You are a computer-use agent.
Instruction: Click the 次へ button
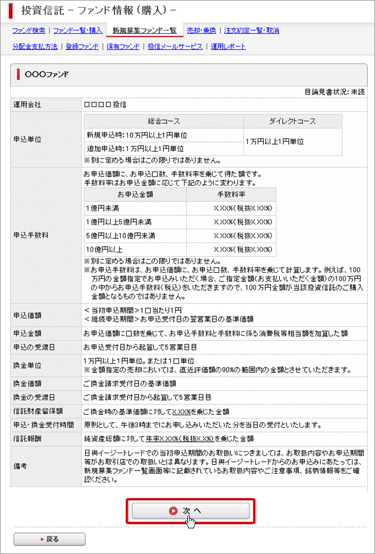click(x=190, y=511)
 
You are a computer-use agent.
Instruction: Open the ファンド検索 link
click(x=30, y=30)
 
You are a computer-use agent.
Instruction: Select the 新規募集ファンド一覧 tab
click(x=145, y=30)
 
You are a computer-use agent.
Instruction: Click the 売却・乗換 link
click(x=201, y=30)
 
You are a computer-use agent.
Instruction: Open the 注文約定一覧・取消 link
click(x=251, y=30)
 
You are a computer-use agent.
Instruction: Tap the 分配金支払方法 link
click(x=35, y=46)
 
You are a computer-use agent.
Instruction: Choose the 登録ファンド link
click(x=82, y=46)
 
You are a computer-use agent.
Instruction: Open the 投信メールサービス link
click(x=175, y=46)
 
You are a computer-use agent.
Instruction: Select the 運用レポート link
click(x=228, y=46)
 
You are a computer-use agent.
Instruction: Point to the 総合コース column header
click(x=164, y=121)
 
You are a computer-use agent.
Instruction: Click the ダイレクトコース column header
click(x=293, y=121)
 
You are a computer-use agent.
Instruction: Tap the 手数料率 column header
click(x=231, y=194)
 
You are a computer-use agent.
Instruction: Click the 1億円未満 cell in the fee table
click(x=104, y=208)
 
